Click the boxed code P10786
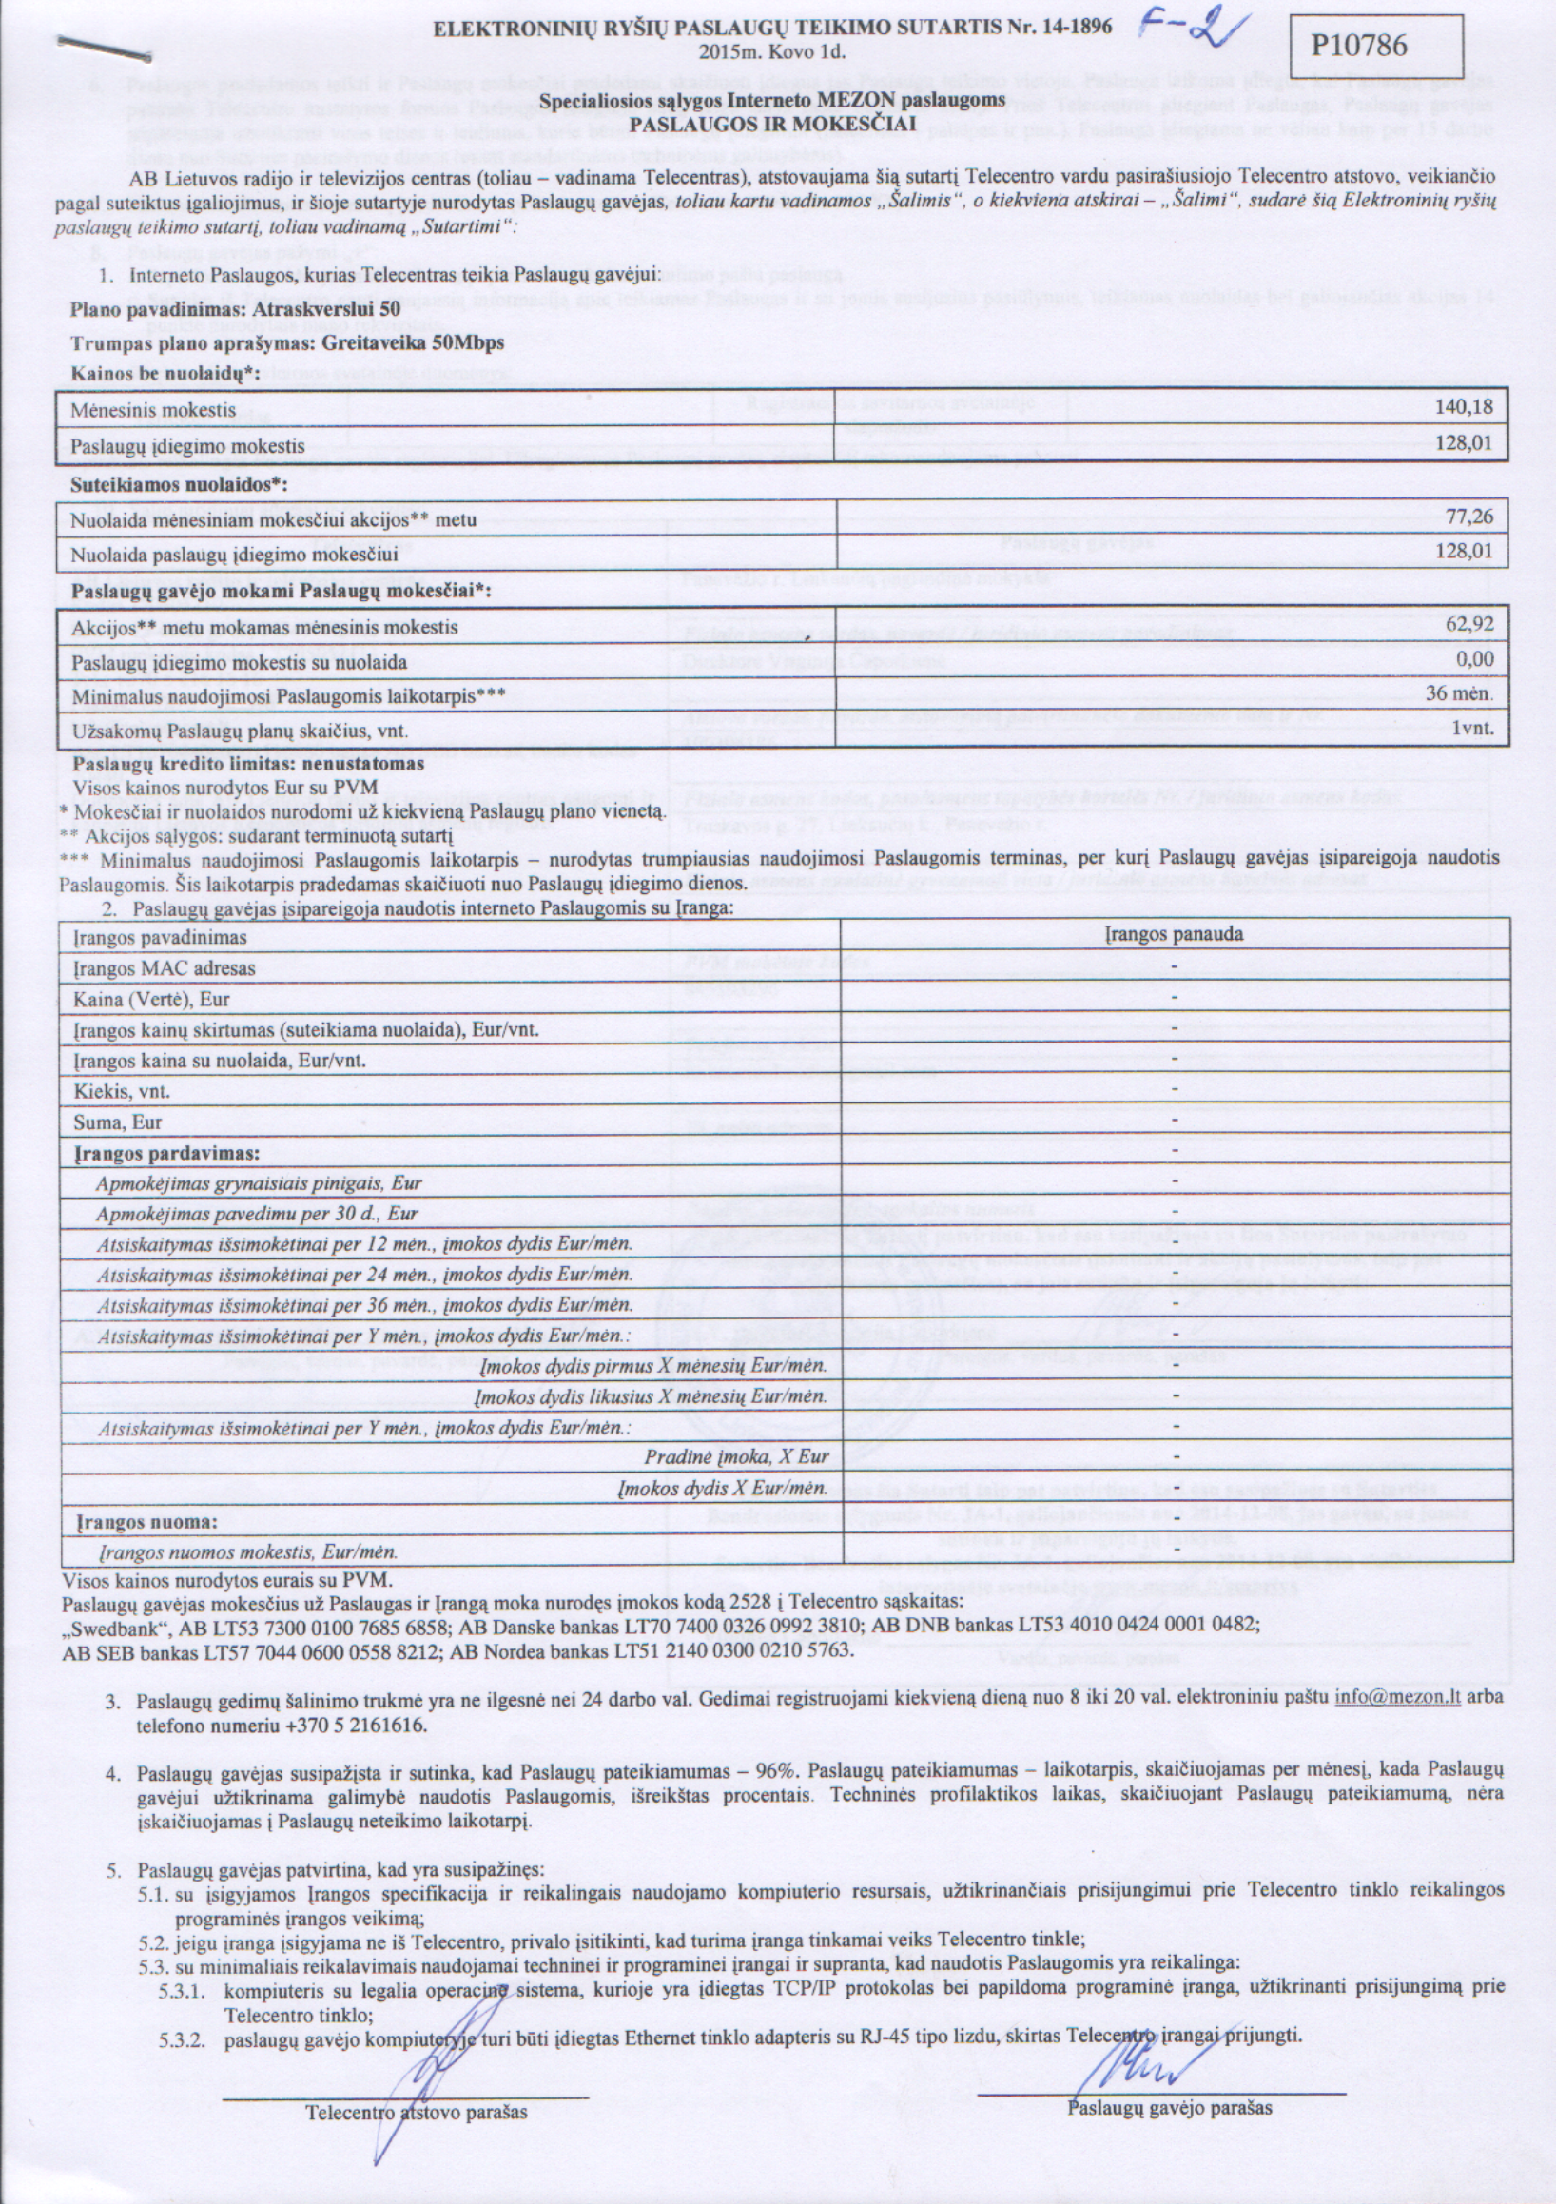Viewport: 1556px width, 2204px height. pos(1374,44)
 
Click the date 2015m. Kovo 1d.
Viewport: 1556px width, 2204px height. pos(772,50)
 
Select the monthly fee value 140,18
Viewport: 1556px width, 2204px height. pos(1464,407)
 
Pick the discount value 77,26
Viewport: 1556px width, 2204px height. pos(1468,517)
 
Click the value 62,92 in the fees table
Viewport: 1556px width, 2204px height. pos(1468,624)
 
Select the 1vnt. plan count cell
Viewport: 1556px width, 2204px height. pos(1471,729)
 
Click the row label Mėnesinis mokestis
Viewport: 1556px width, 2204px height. pos(152,410)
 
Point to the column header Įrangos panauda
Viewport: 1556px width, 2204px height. pos(1174,934)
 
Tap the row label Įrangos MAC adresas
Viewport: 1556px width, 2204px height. pos(165,968)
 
